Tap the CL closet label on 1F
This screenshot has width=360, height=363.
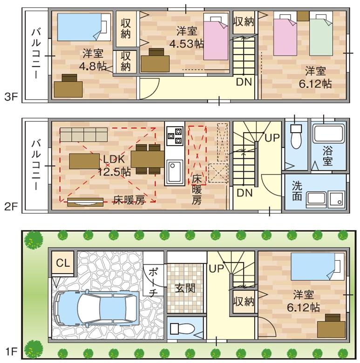63,263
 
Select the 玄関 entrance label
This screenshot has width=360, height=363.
185,289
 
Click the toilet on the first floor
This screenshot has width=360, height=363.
182,328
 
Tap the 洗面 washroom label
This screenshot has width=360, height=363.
297,190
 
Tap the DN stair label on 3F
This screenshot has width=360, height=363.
244,82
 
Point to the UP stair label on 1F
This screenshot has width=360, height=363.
216,269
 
